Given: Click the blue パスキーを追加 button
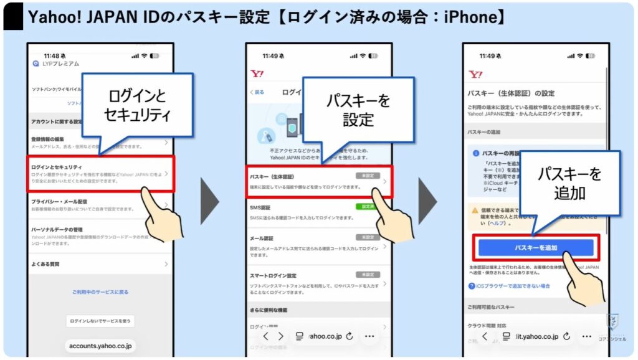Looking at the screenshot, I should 535,248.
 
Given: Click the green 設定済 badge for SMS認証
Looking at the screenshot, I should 368,207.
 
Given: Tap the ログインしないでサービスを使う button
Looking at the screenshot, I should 100,321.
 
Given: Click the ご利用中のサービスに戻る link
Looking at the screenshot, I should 100,291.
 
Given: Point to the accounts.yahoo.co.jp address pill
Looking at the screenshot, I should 100,345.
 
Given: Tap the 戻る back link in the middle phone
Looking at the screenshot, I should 257,92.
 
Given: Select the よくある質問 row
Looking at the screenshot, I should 47,264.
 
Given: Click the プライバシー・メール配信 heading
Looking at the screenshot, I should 60,202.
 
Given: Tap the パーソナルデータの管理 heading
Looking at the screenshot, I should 61,230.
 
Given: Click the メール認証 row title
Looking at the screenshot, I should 262,238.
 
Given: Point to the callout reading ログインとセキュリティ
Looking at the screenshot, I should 138,105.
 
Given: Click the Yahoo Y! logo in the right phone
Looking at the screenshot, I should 475,75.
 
